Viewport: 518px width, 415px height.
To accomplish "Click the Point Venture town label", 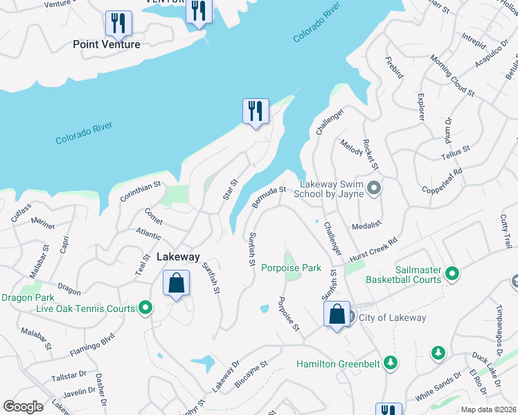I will click(x=107, y=44).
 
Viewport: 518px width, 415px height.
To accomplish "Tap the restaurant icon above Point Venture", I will click(x=118, y=24).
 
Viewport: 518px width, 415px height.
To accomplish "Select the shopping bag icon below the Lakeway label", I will click(x=176, y=283).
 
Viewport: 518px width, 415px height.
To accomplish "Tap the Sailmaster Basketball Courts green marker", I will click(x=452, y=275).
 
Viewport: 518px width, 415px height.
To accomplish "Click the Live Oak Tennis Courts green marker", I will click(x=145, y=307).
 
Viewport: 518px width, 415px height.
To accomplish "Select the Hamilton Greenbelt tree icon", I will click(x=391, y=363).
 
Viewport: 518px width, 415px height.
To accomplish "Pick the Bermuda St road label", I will click(x=269, y=195).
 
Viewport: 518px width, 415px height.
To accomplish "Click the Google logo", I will click(x=23, y=406).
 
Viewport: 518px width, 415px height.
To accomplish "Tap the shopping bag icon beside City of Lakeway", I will click(x=337, y=315).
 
